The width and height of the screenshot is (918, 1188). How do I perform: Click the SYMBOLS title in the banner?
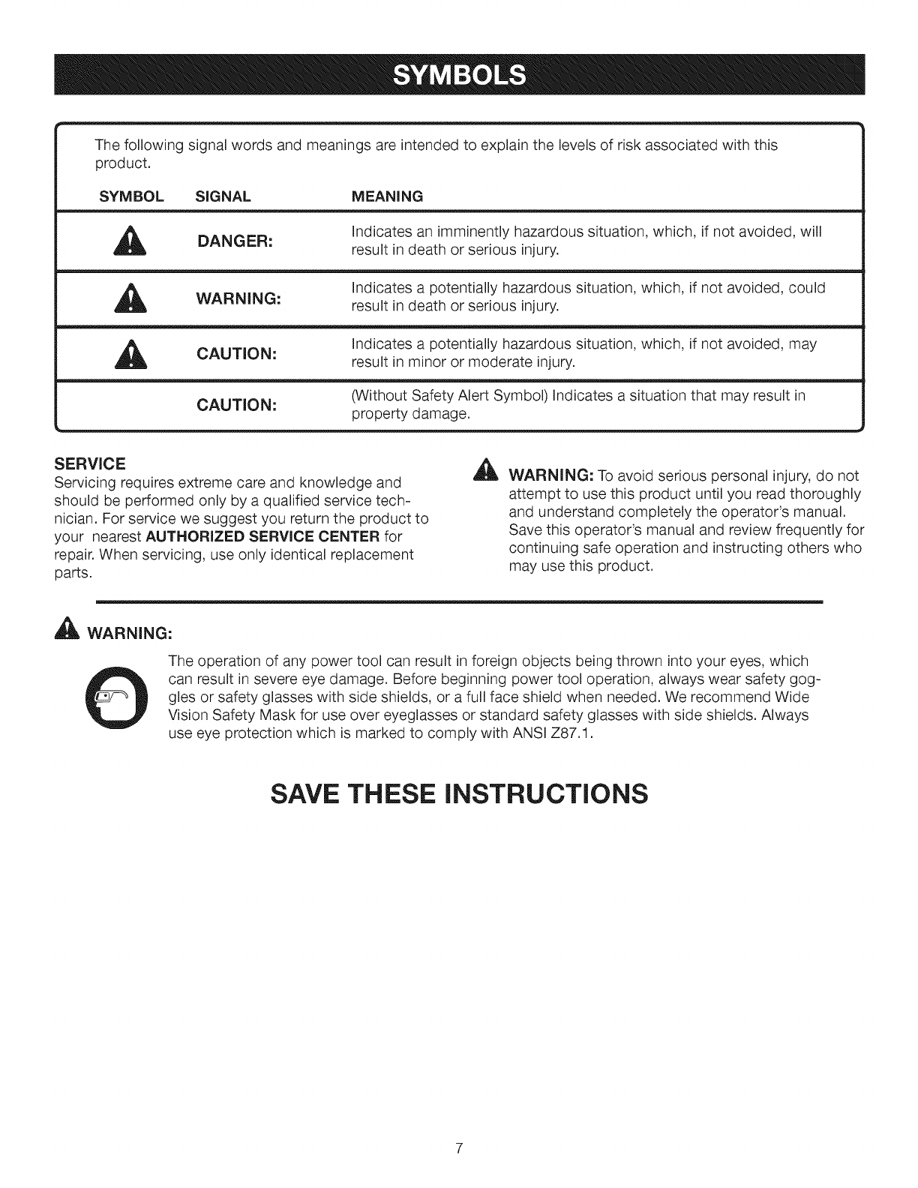[458, 76]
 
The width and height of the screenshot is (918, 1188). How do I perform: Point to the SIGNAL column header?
[223, 196]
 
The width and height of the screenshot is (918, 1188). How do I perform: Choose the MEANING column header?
[388, 196]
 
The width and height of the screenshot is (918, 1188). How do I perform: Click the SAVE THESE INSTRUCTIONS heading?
[458, 794]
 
